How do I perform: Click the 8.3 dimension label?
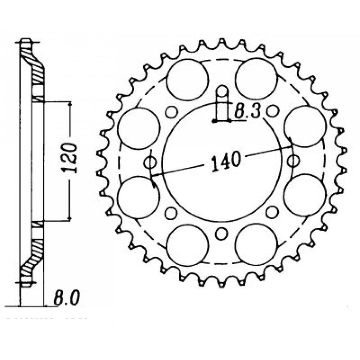(247, 112)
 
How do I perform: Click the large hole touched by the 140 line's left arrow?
(137, 197)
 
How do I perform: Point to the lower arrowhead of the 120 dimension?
(70, 219)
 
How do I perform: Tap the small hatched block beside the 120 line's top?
(38, 98)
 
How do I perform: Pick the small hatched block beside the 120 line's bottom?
(38, 224)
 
